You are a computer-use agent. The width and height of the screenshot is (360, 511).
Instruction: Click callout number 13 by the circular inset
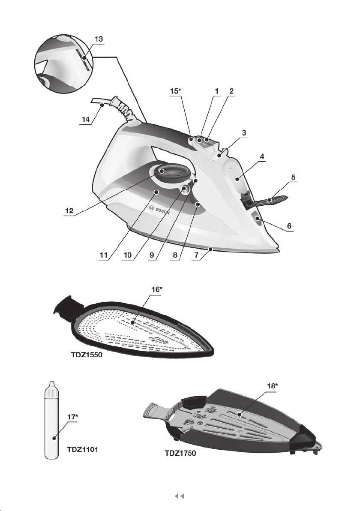click(99, 39)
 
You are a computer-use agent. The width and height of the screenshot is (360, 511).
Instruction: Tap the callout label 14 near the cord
click(86, 120)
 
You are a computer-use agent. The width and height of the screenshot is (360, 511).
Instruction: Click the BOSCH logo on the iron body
click(159, 210)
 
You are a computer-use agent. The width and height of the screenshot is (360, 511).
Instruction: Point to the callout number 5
click(293, 177)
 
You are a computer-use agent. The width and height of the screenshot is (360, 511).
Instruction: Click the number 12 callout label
click(69, 211)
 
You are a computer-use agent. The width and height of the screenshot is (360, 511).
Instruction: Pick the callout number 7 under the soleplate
click(196, 255)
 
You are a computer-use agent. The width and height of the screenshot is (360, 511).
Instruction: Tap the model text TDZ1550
click(86, 355)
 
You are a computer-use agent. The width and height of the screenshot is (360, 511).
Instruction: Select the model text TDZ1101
click(83, 449)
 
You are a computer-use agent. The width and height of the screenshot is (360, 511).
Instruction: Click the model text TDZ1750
click(180, 453)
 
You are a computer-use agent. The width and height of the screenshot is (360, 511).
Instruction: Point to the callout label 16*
click(157, 289)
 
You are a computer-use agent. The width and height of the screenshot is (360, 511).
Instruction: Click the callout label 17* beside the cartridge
click(73, 417)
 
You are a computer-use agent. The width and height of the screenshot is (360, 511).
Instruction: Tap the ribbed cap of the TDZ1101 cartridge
click(51, 389)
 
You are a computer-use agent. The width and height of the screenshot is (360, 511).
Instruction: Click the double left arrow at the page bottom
click(180, 496)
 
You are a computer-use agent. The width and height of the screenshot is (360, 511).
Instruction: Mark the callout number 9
click(152, 255)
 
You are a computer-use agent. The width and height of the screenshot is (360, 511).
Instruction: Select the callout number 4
click(262, 157)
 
